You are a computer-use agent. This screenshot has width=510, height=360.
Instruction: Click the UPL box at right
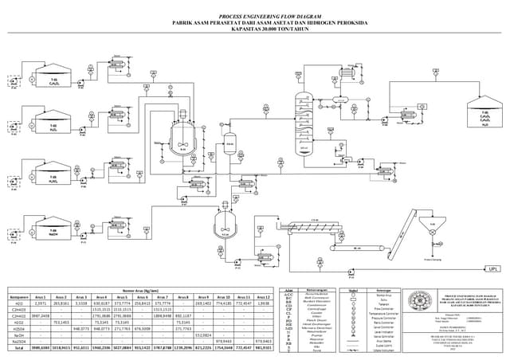[492, 268]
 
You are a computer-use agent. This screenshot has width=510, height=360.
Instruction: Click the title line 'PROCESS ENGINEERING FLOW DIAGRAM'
[255, 16]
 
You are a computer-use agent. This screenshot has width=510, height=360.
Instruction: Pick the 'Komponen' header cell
[18, 295]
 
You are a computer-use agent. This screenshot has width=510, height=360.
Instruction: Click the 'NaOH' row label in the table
[18, 335]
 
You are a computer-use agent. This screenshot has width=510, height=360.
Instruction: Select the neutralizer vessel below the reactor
[225, 229]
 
